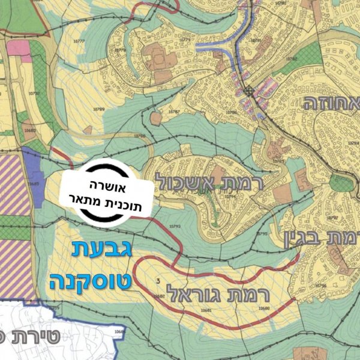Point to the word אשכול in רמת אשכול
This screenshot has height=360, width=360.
pos(177,179)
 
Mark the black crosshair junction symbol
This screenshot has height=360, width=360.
pos(248,92)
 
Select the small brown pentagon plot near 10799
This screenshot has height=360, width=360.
pos(156,118)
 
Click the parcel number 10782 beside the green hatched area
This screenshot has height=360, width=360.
pos(292,58)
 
